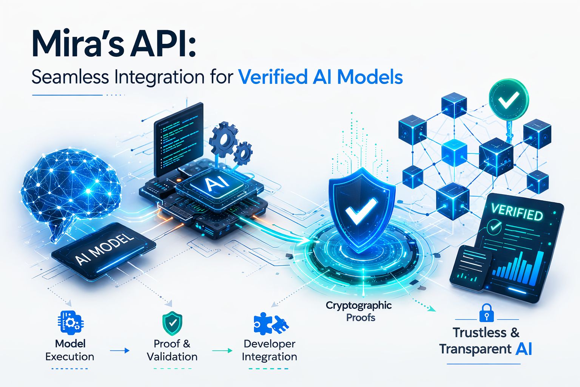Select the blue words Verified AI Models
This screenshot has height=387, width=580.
pyautogui.click(x=321, y=77)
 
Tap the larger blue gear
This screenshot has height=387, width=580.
pyautogui.click(x=224, y=139)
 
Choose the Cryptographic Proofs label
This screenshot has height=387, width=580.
pyautogui.click(x=359, y=311)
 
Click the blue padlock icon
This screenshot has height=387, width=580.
pyautogui.click(x=486, y=313)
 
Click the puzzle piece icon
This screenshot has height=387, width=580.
pyautogui.click(x=270, y=324)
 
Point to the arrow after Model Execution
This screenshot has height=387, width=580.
pyautogui.click(x=120, y=351)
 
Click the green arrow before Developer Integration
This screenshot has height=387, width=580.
pyautogui.click(x=222, y=351)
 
